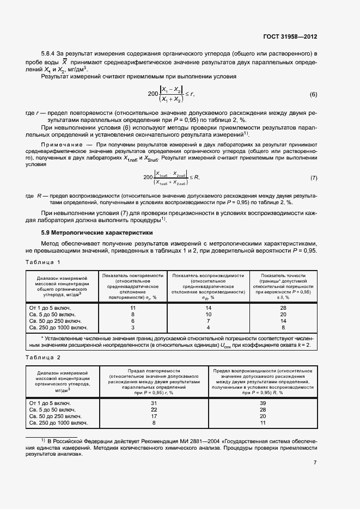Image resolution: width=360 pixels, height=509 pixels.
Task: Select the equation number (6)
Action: tap(313, 94)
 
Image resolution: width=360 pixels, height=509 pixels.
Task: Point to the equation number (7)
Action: tap(313, 178)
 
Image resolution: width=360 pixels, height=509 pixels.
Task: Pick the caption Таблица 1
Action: tap(43, 262)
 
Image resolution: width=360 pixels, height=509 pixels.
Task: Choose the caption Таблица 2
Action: tap(43, 357)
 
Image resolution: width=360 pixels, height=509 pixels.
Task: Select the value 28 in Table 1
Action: tap(283, 308)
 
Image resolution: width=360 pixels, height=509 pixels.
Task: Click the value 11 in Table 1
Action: tap(132, 308)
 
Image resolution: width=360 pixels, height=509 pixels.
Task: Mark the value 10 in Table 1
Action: tap(208, 315)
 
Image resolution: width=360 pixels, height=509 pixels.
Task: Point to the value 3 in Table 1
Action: tap(132, 328)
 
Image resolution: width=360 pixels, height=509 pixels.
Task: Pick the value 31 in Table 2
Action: tap(154, 403)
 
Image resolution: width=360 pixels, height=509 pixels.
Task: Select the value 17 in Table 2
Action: tap(154, 416)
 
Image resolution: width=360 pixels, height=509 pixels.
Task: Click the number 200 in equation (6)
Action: tap(153, 94)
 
